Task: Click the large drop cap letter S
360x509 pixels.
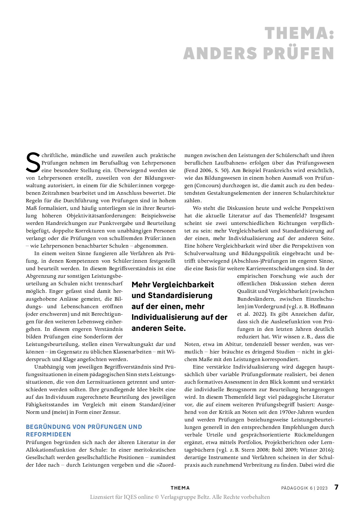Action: click(33, 163)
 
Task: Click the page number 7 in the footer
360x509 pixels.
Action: click(336, 487)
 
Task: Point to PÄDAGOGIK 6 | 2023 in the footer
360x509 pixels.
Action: click(304, 488)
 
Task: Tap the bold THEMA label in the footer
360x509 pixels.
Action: click(180, 488)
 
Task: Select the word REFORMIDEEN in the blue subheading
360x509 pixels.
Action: click(48, 434)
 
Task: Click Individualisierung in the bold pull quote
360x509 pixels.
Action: click(165, 317)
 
